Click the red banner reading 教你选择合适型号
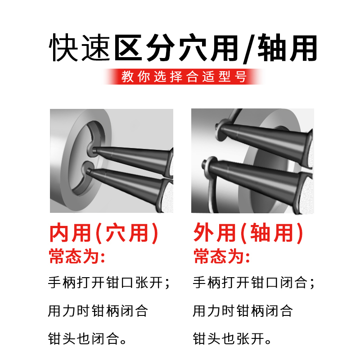[x=184, y=76]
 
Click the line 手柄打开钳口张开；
[x=109, y=283]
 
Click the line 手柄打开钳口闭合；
[x=254, y=283]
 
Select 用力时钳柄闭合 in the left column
[x=98, y=310]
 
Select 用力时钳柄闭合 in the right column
[x=243, y=310]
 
